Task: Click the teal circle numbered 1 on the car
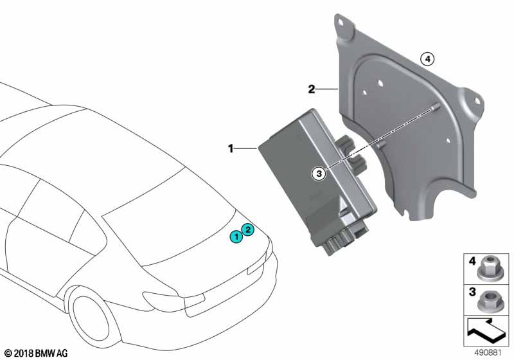(x=236, y=237)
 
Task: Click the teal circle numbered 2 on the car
(x=248, y=230)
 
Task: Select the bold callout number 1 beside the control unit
(x=231, y=148)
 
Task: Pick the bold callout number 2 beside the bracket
(x=312, y=89)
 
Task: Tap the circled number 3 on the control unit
(x=319, y=174)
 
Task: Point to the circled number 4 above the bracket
(x=427, y=59)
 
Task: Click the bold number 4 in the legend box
(x=472, y=262)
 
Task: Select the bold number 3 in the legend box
(x=472, y=291)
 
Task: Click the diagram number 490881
(x=488, y=353)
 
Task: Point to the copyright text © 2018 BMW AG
(x=35, y=353)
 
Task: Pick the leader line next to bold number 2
(x=327, y=89)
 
